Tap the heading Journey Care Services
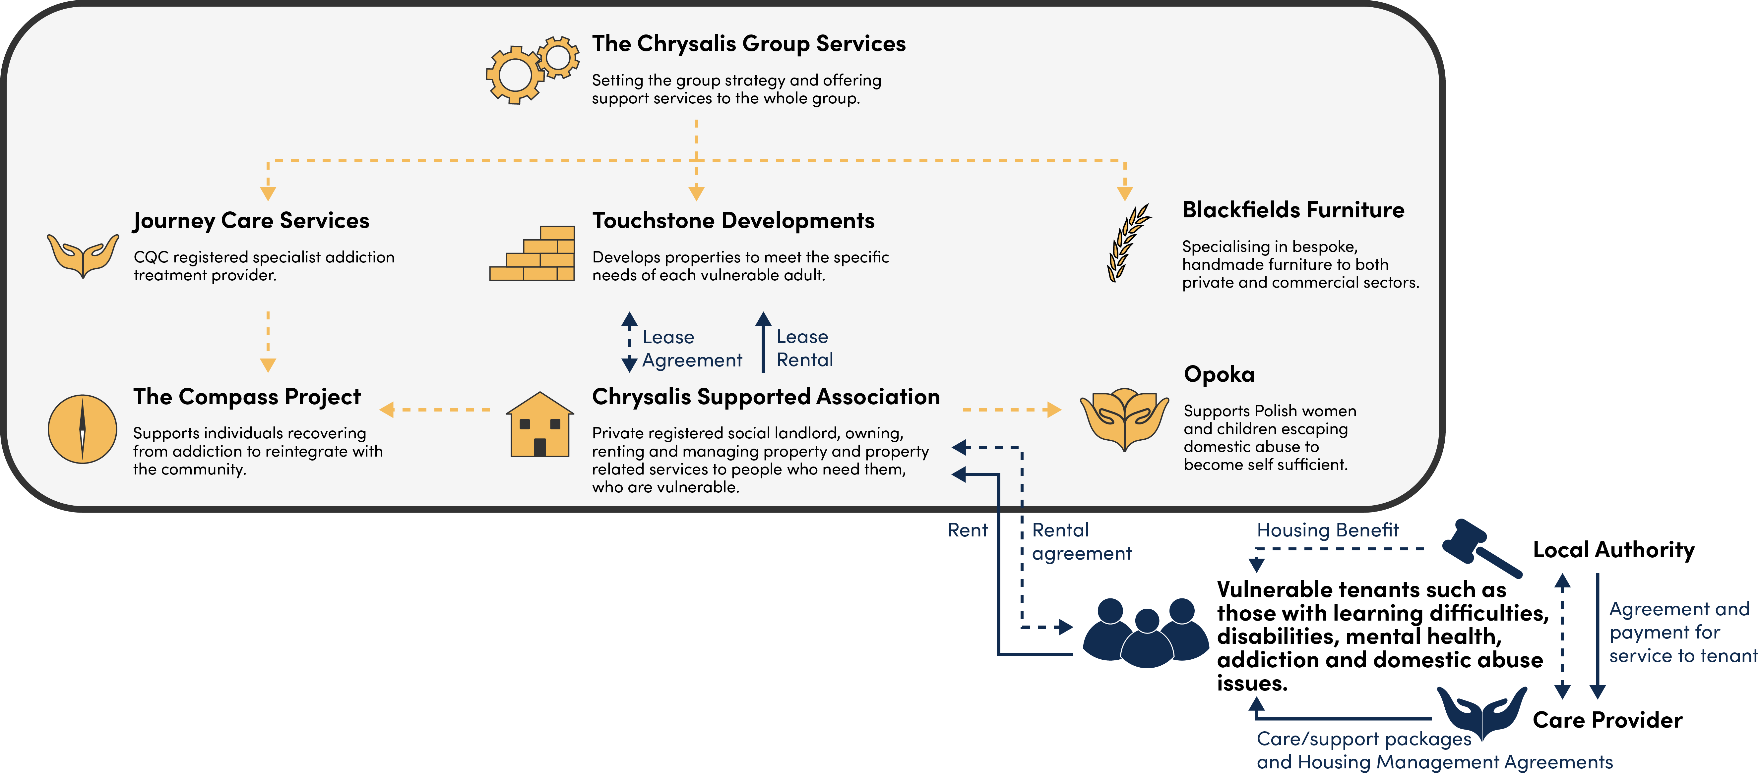click(x=251, y=220)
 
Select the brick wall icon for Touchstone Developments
click(x=533, y=254)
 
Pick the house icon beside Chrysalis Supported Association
click(x=539, y=424)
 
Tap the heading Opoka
click(x=1219, y=374)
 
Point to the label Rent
click(x=967, y=530)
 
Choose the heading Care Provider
click(x=1607, y=720)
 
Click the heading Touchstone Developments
click(x=733, y=220)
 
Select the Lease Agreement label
click(x=691, y=348)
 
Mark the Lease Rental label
click(x=804, y=348)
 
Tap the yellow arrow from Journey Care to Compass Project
click(x=268, y=341)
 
